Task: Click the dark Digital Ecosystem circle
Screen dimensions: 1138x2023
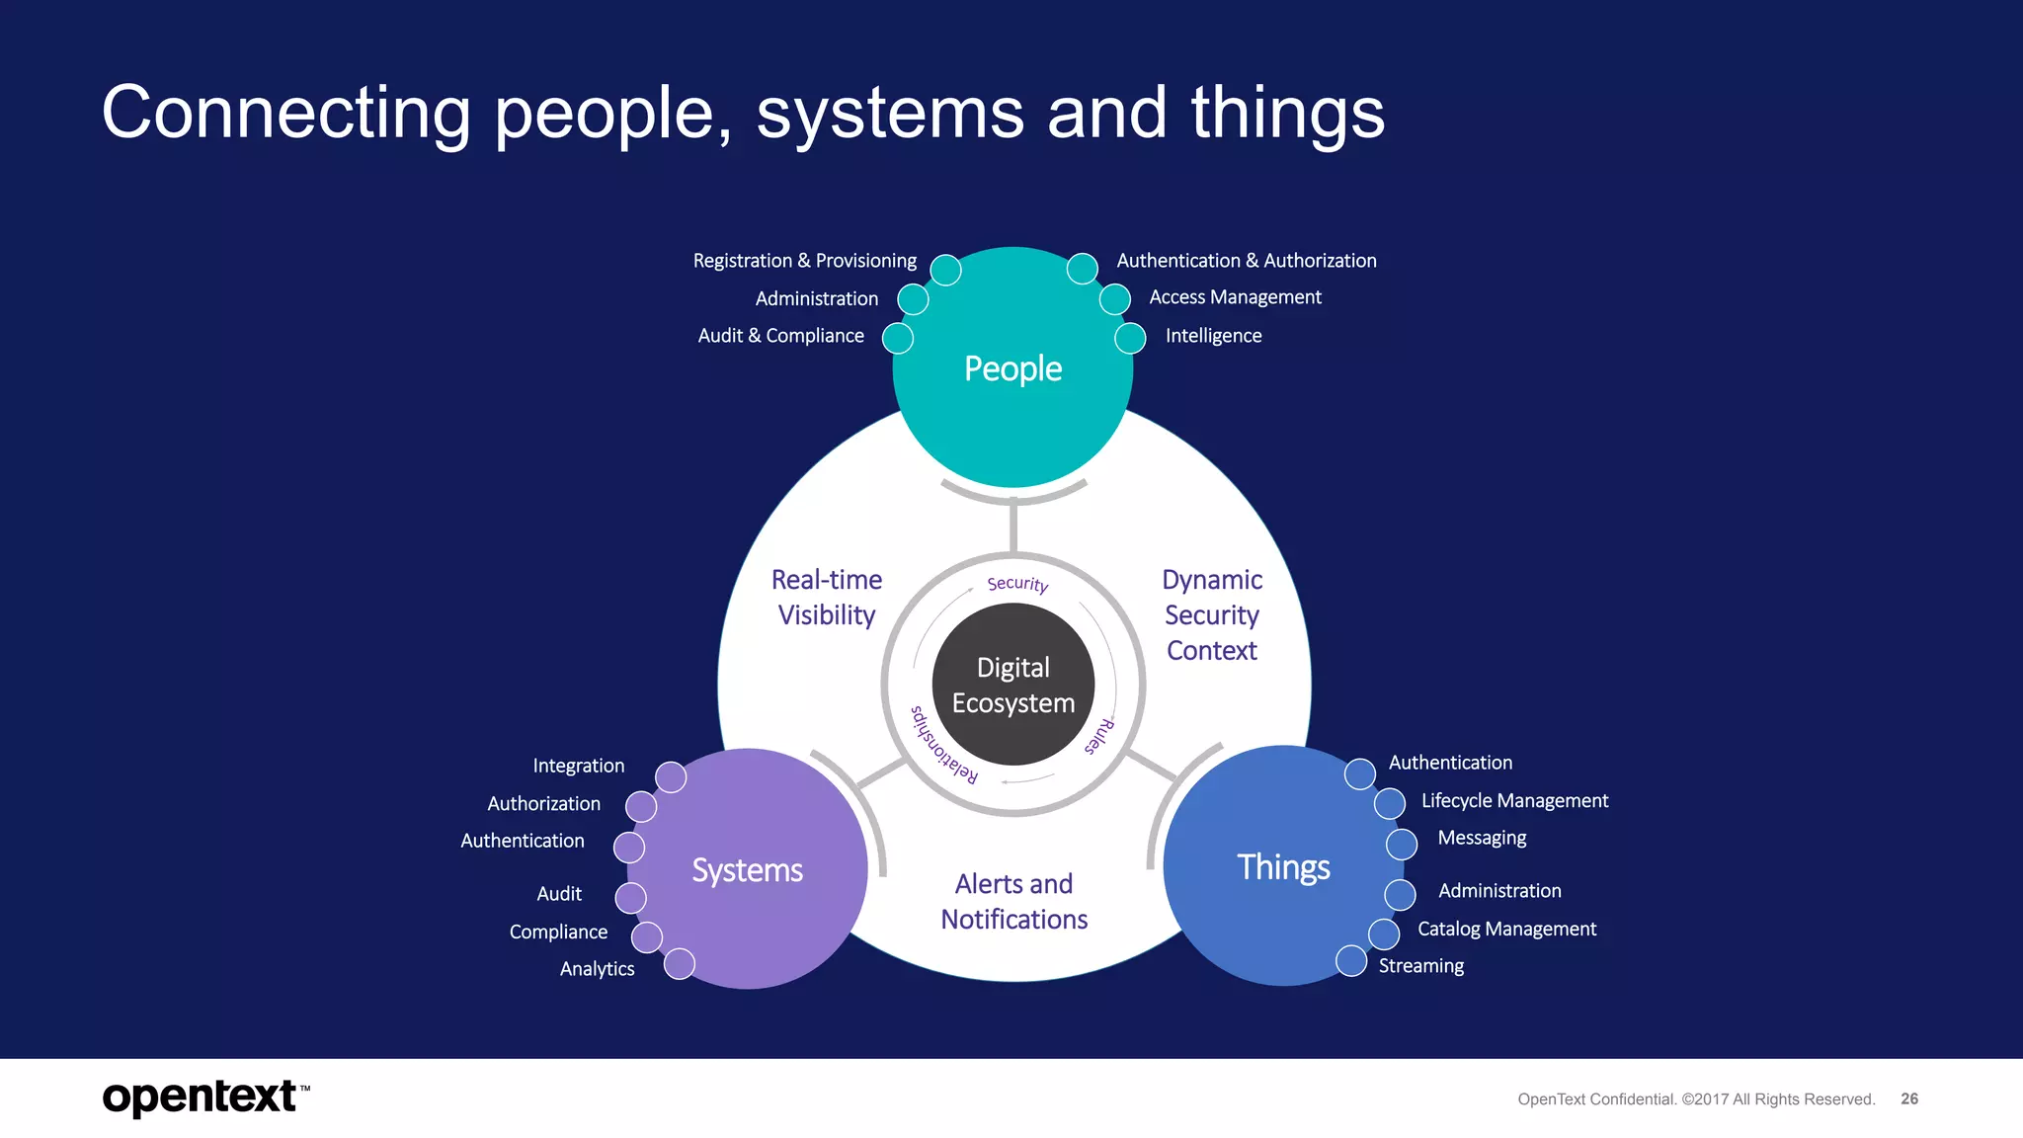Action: (x=1012, y=685)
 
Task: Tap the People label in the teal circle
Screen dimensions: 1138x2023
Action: (x=1012, y=368)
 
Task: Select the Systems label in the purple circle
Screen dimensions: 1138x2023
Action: (x=747, y=870)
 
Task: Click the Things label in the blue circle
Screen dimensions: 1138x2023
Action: (x=1283, y=867)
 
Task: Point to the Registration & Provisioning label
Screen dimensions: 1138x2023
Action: (x=804, y=261)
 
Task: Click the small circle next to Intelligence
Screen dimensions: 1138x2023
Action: (x=1130, y=338)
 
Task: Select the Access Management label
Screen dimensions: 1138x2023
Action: (x=1235, y=297)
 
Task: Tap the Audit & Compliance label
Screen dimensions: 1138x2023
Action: (x=780, y=336)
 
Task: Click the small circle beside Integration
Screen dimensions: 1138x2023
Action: (x=671, y=777)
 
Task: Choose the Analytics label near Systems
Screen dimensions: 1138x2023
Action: (x=597, y=969)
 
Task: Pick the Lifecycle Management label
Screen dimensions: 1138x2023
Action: (x=1514, y=801)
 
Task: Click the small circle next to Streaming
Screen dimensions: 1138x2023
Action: (x=1350, y=960)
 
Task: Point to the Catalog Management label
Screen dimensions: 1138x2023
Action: (x=1506, y=930)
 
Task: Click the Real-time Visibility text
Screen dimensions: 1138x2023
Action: (x=827, y=598)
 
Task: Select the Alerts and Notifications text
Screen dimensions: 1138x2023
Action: (x=1013, y=901)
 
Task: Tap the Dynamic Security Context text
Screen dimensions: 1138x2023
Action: (x=1212, y=614)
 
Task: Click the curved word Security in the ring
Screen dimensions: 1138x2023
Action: (x=1017, y=584)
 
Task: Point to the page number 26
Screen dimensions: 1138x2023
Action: (x=1909, y=1098)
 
